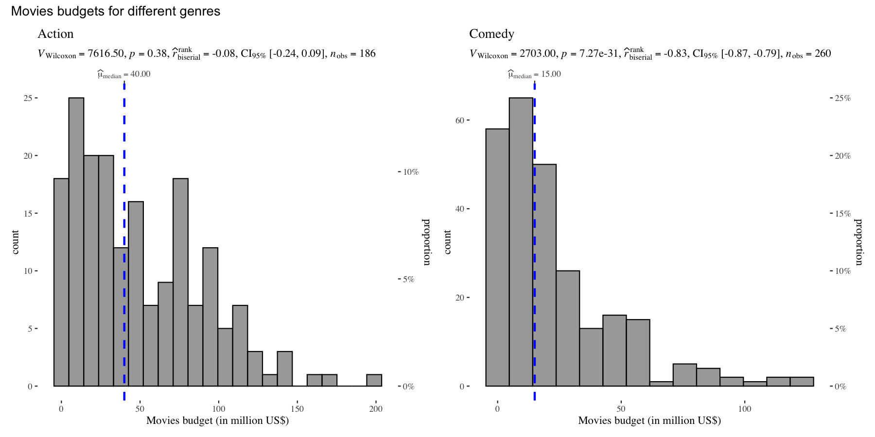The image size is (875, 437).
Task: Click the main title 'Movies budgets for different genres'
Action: [x=116, y=11]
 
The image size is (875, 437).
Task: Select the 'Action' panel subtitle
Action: [x=55, y=34]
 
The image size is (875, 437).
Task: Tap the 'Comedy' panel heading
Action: [x=491, y=34]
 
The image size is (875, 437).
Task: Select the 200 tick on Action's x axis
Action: [x=376, y=409]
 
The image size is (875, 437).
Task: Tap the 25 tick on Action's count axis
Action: [x=28, y=98]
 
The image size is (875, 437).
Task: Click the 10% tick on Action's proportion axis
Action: [x=411, y=172]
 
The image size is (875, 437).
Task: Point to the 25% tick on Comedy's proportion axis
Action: [x=842, y=98]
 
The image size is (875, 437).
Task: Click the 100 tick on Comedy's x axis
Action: [x=744, y=409]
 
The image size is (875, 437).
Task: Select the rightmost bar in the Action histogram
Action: [x=374, y=380]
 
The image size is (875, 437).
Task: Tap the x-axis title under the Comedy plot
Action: [x=649, y=420]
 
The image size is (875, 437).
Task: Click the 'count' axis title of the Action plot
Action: [x=15, y=242]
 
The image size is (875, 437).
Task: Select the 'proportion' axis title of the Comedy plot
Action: [x=858, y=242]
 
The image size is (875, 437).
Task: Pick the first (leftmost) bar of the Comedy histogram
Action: [x=497, y=257]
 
